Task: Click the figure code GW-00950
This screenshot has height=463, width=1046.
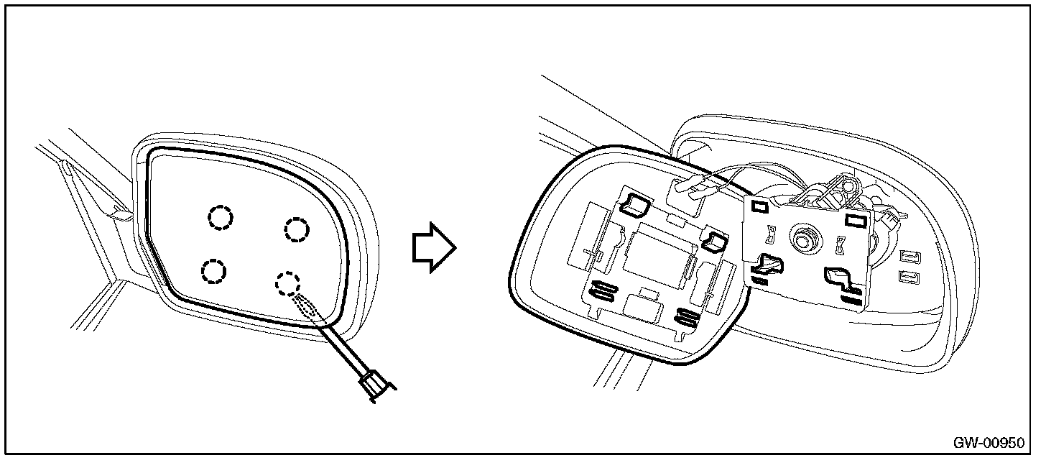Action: point(994,441)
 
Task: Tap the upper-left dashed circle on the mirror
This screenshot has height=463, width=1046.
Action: point(221,216)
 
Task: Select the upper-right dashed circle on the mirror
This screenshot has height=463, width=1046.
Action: point(296,229)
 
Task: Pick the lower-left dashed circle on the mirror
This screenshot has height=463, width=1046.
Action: point(213,270)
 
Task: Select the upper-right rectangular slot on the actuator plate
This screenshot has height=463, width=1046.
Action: point(854,219)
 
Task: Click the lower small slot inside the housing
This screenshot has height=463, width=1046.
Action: point(909,276)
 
